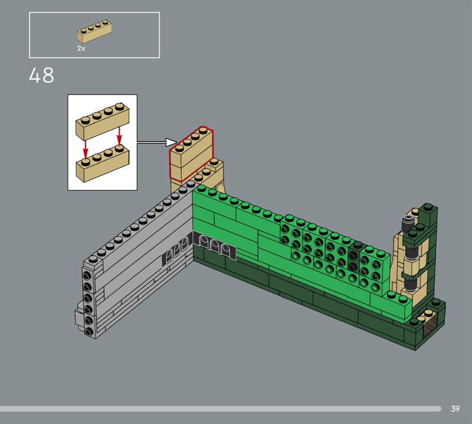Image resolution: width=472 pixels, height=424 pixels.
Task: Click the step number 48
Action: pyautogui.click(x=41, y=75)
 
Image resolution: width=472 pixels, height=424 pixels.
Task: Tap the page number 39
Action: pyautogui.click(x=455, y=409)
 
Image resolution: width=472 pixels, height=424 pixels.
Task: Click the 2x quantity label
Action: pyautogui.click(x=81, y=48)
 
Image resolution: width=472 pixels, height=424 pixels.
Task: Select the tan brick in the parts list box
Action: pyautogui.click(x=94, y=31)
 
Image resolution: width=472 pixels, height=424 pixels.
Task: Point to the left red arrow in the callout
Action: pyautogui.click(x=86, y=149)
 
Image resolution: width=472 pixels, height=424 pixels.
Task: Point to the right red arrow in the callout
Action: pyautogui.click(x=119, y=136)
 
